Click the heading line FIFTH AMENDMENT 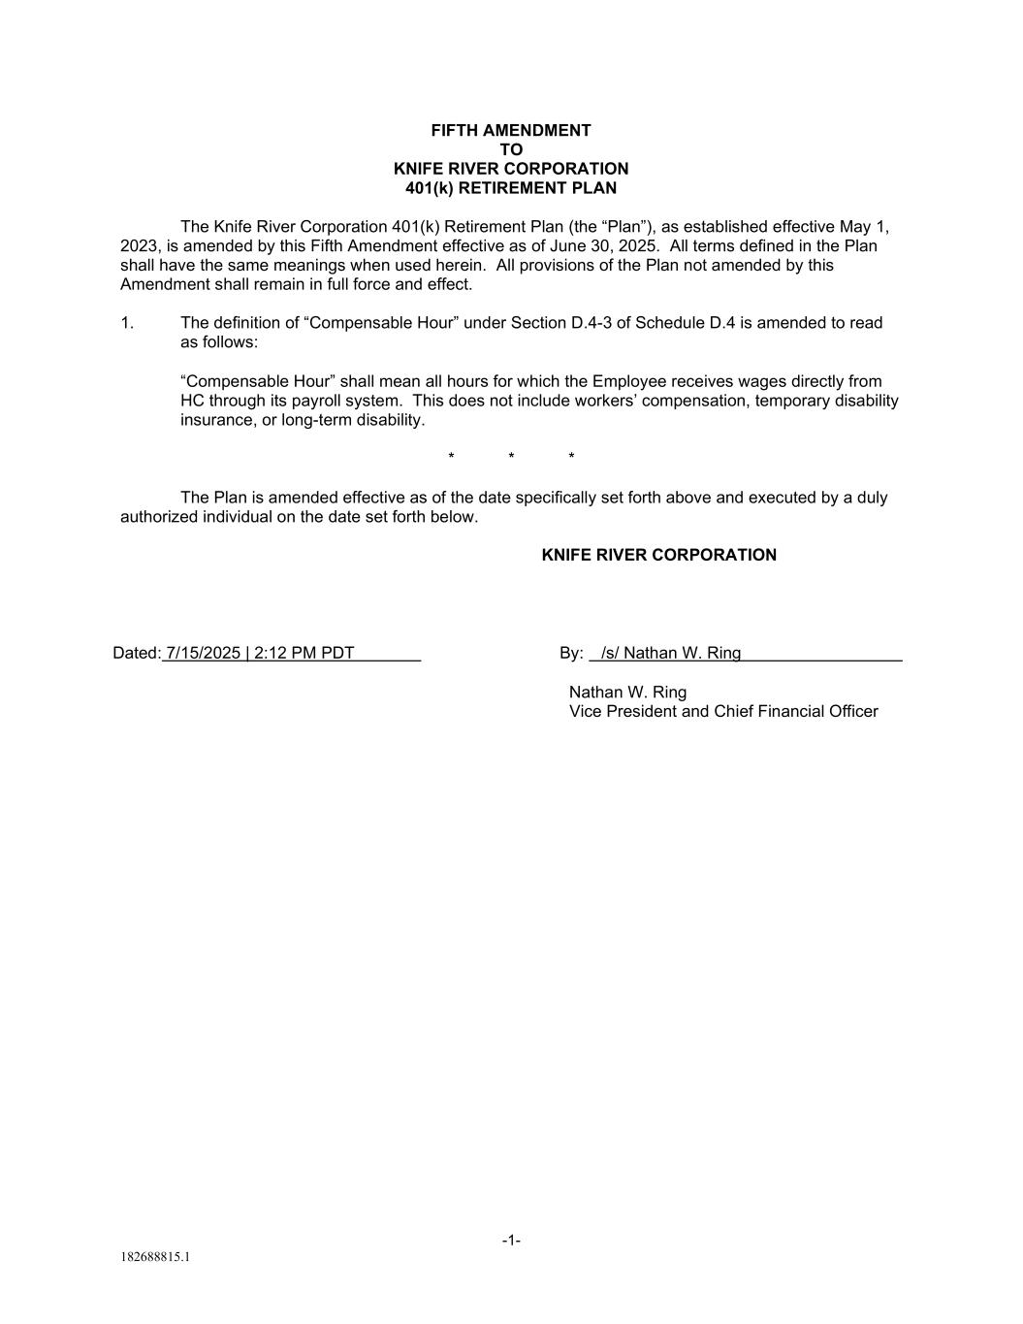coord(511,130)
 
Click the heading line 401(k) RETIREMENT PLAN coord(511,188)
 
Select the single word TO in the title coord(511,149)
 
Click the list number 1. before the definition coord(127,323)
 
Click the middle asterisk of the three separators coord(511,457)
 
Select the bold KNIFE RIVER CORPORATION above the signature coord(658,555)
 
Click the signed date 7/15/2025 coord(203,653)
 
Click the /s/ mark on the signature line coord(610,653)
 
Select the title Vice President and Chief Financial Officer coord(723,711)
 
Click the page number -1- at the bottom coord(511,1240)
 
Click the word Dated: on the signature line coord(136,653)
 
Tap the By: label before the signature coord(571,653)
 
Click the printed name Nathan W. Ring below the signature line coord(627,692)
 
